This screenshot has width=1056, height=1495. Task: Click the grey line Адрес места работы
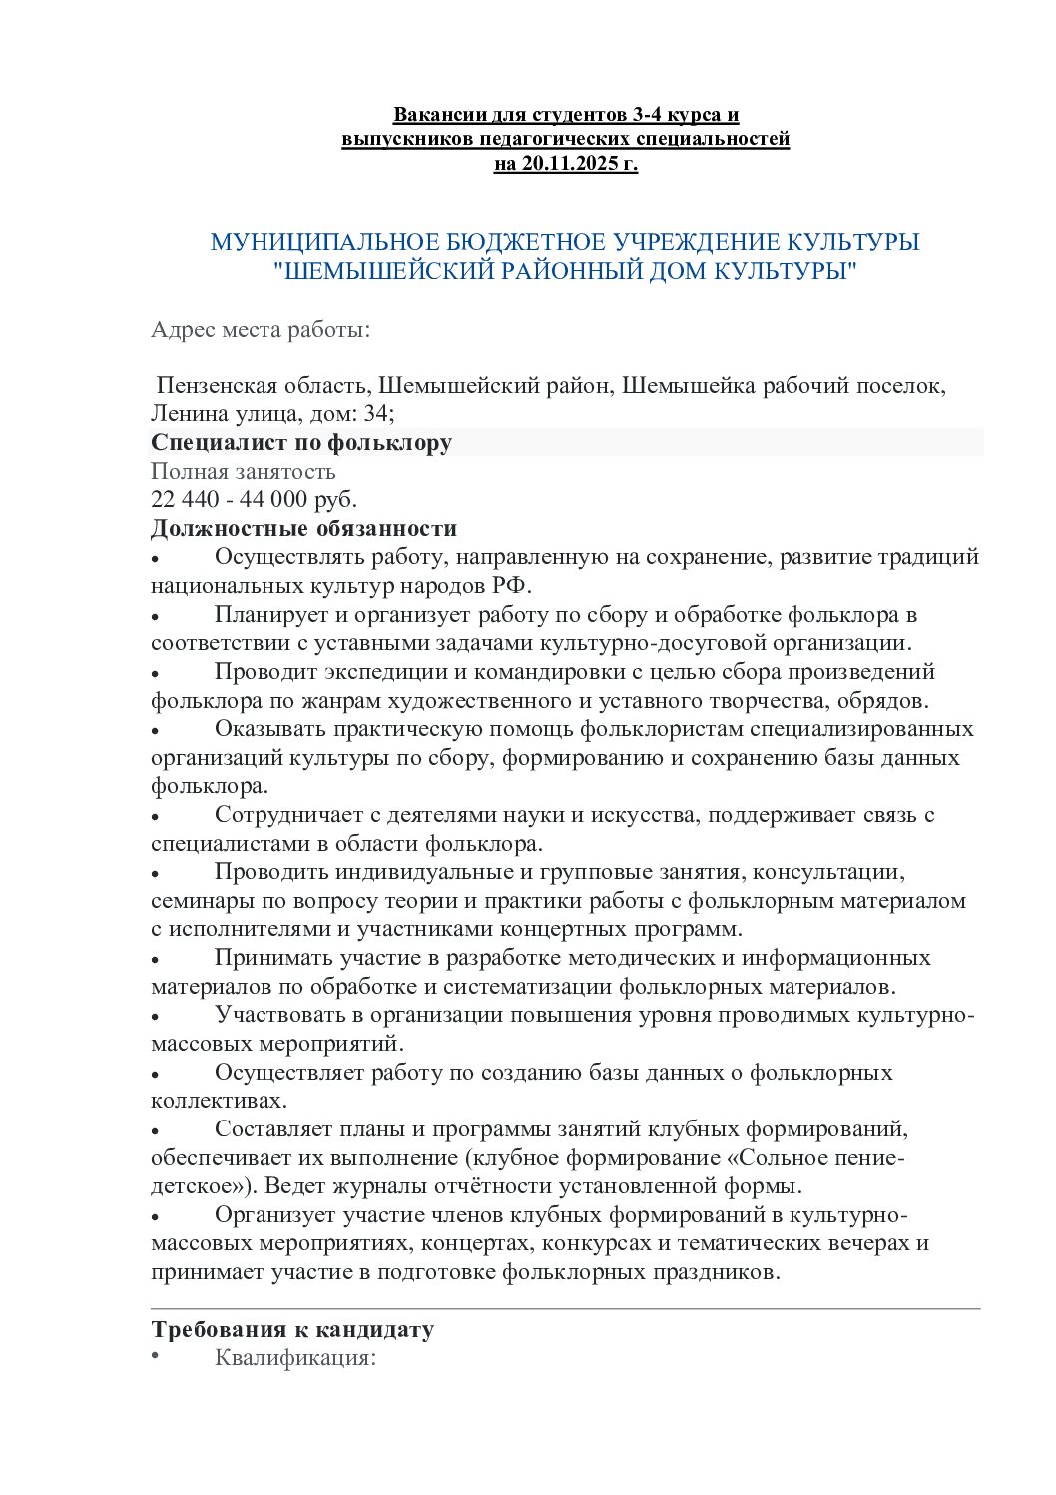click(x=261, y=330)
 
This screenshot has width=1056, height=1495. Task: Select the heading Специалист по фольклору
click(x=301, y=442)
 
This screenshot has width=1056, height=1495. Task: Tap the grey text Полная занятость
click(x=244, y=471)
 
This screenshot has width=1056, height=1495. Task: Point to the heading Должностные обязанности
click(x=303, y=528)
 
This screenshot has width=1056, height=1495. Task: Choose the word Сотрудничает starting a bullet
click(x=284, y=815)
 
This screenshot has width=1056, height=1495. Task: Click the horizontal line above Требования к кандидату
click(x=566, y=1308)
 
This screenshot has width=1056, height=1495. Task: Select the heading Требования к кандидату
click(x=292, y=1330)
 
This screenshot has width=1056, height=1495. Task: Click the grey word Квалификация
click(x=294, y=1358)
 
